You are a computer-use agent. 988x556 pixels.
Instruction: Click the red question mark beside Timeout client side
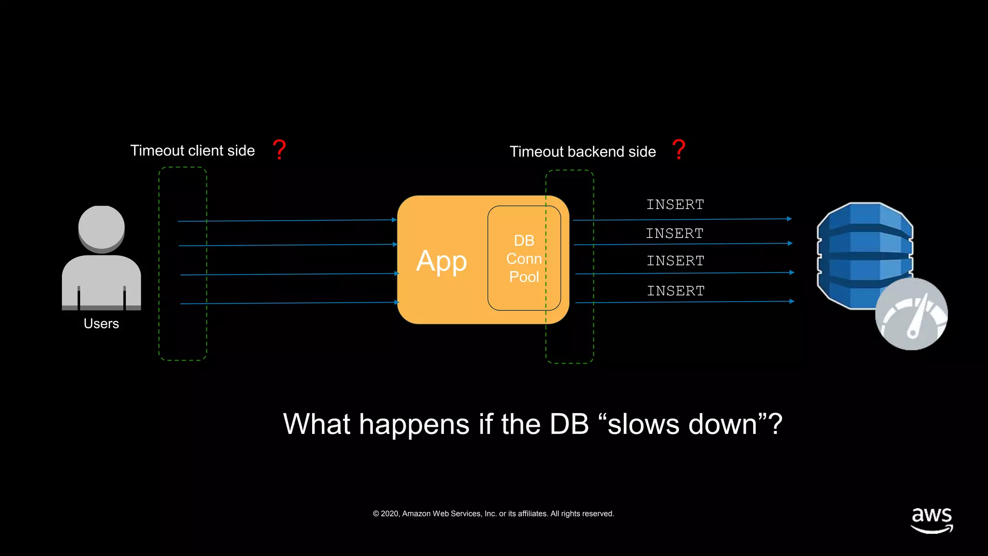click(x=279, y=149)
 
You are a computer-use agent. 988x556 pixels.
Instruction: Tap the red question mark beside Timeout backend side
click(x=679, y=149)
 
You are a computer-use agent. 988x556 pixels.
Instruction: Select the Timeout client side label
click(x=192, y=151)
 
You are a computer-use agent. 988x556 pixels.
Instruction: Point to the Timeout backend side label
click(x=583, y=152)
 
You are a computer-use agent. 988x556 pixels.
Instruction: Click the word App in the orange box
click(x=441, y=262)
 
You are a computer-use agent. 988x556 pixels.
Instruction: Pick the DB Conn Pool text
click(x=524, y=259)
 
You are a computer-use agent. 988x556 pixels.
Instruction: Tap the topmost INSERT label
click(x=675, y=205)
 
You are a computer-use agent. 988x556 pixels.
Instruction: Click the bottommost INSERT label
click(x=675, y=291)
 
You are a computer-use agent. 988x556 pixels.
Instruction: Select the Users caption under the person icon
click(x=101, y=323)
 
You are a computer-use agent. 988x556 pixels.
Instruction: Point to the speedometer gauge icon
click(x=911, y=314)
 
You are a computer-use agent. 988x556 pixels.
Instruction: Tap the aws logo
click(x=932, y=520)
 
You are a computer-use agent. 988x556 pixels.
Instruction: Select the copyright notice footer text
click(x=493, y=514)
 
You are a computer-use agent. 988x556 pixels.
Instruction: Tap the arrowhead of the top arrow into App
click(x=394, y=220)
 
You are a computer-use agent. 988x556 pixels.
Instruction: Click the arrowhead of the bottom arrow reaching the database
click(x=792, y=301)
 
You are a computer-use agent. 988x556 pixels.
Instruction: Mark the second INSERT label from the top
click(x=674, y=234)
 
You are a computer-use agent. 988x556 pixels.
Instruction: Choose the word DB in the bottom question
click(x=569, y=425)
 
